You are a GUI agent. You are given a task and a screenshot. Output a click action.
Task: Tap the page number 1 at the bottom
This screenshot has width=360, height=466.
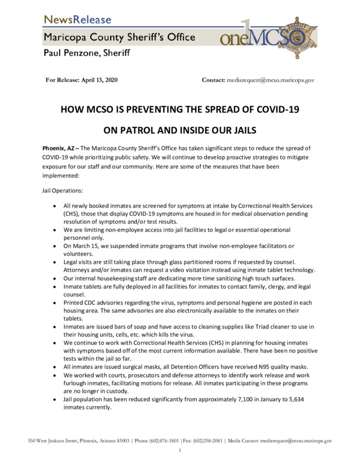180,450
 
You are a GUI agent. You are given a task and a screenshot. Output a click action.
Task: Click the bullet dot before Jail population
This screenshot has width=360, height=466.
54,400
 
